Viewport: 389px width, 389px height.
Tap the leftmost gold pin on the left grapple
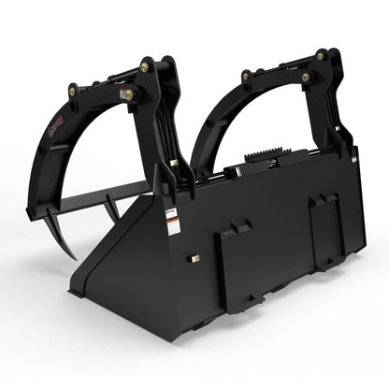(72, 91)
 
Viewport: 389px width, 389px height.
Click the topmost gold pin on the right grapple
(321, 56)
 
